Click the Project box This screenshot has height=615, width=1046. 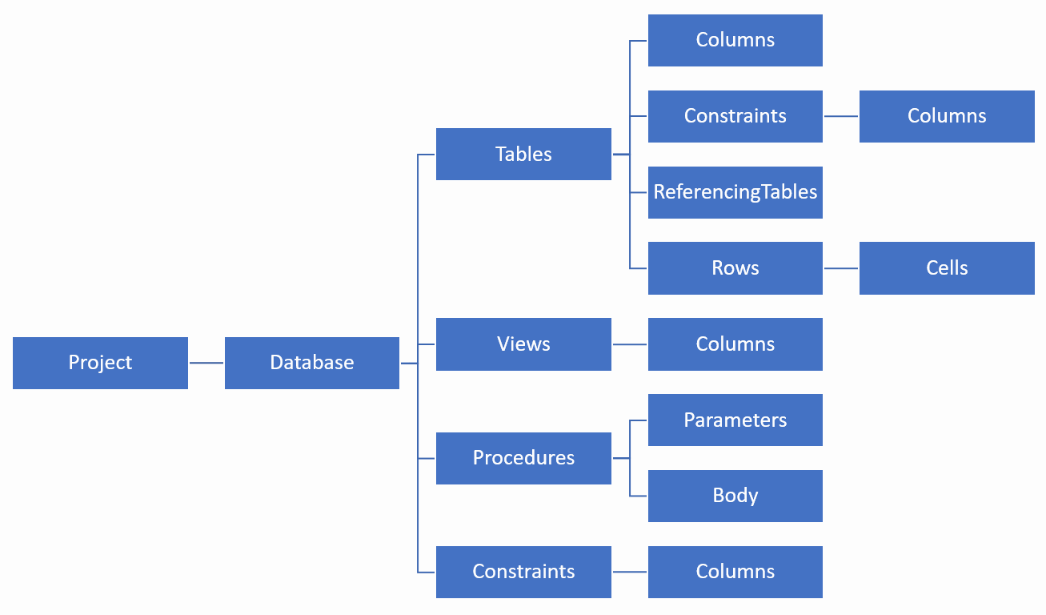(100, 363)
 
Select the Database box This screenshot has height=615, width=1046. (311, 363)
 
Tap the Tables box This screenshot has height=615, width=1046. (523, 154)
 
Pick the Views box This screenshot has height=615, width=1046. (523, 344)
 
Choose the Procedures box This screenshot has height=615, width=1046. (523, 458)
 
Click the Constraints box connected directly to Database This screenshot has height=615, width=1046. (523, 572)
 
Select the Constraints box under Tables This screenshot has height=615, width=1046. (735, 116)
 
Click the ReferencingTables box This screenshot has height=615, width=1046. (735, 192)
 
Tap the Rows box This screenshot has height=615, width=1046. (735, 268)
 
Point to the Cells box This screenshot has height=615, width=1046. (947, 268)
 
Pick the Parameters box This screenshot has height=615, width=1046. (735, 420)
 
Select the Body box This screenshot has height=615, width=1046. (735, 496)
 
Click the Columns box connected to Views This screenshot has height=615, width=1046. (735, 344)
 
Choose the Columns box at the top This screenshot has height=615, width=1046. (735, 40)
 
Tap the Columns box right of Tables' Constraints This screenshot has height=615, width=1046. (947, 116)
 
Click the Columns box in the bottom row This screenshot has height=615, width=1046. (735, 572)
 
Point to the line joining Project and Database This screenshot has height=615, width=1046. (206, 363)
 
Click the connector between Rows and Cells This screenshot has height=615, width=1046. (841, 268)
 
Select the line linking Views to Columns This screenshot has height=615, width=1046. (630, 344)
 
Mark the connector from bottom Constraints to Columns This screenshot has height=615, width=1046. (630, 572)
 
